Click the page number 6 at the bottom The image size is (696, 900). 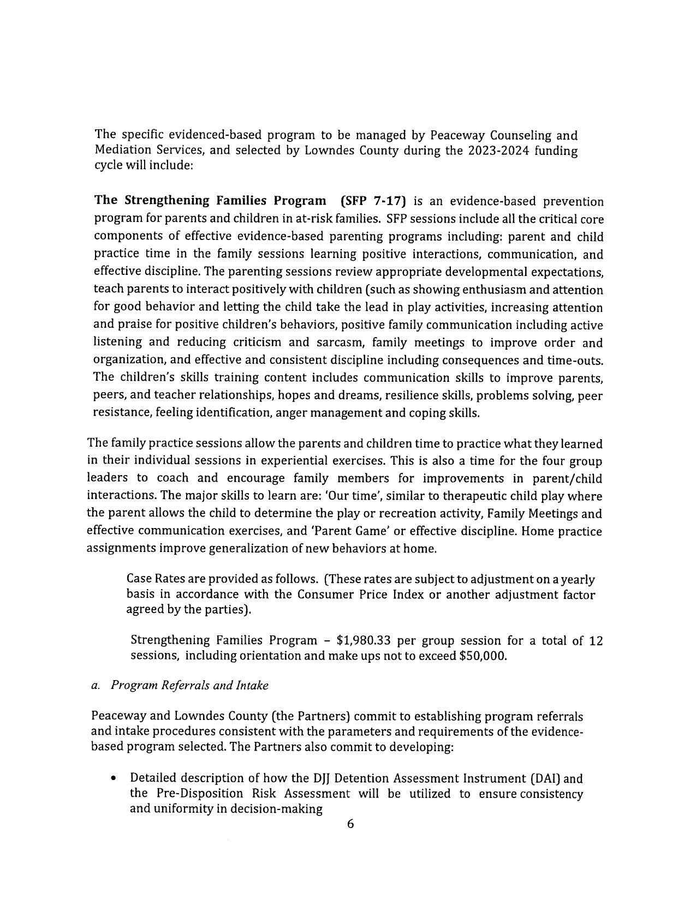click(x=350, y=824)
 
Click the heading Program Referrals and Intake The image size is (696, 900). click(x=189, y=685)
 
